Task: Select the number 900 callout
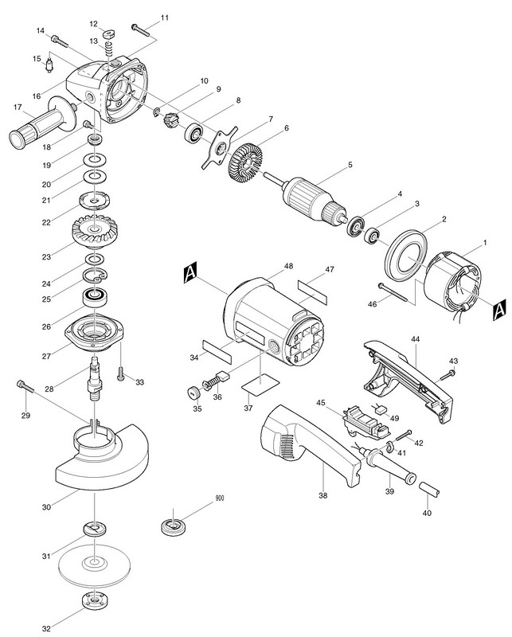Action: coord(219,498)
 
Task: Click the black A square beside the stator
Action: coord(498,307)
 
